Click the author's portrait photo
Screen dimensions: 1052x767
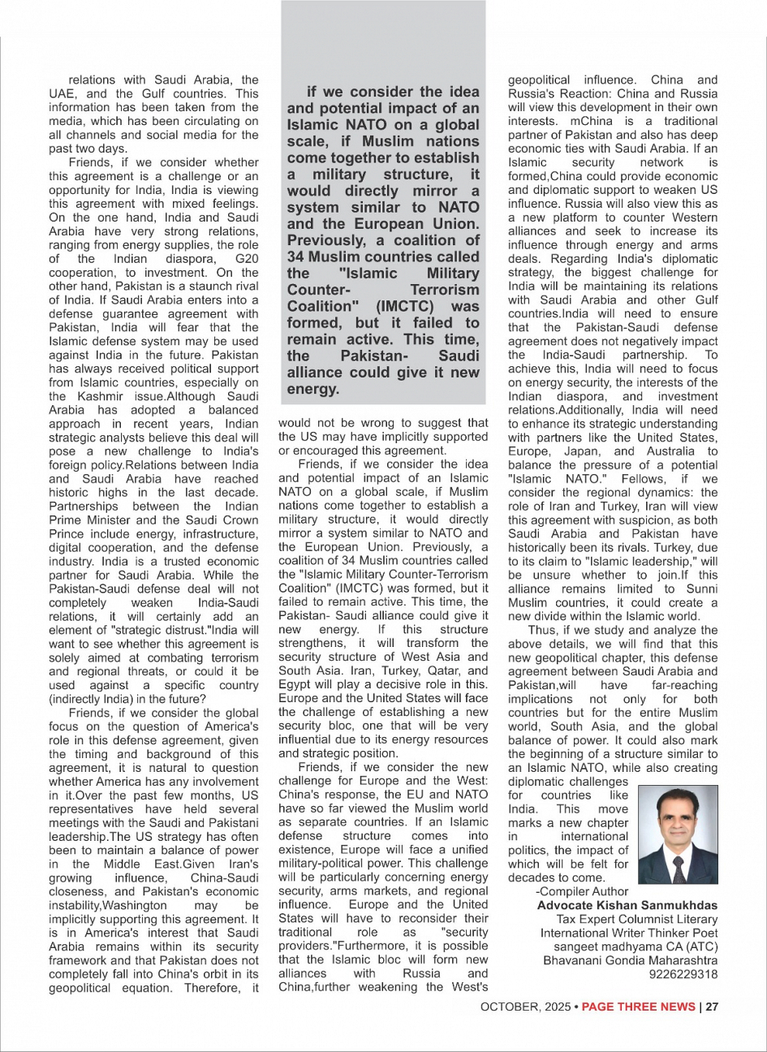679,835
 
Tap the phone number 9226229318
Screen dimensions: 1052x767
684,974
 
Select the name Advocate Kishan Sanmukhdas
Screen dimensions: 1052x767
627,905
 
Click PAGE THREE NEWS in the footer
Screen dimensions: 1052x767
638,1007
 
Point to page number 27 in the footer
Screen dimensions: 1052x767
712,1007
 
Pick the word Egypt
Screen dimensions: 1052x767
295,684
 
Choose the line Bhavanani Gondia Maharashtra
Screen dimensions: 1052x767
631,960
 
